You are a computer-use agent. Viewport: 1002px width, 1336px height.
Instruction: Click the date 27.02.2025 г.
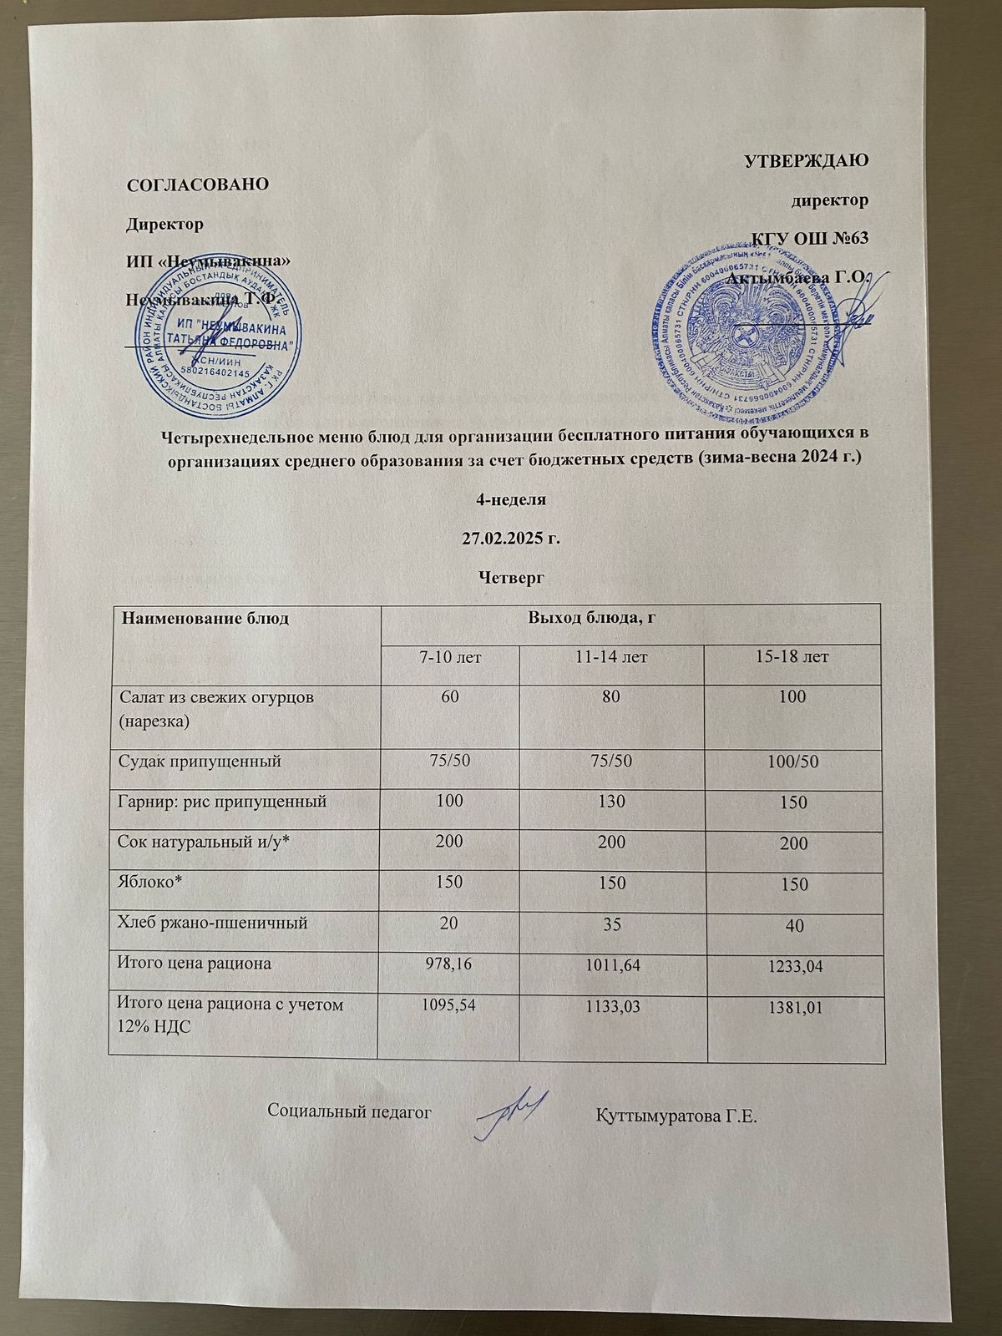(509, 538)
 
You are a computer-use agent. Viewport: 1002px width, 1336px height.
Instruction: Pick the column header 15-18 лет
(793, 656)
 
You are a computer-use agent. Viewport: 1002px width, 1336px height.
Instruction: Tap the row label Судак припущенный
(201, 762)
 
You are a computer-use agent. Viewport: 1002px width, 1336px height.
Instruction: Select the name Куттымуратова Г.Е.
(676, 1116)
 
